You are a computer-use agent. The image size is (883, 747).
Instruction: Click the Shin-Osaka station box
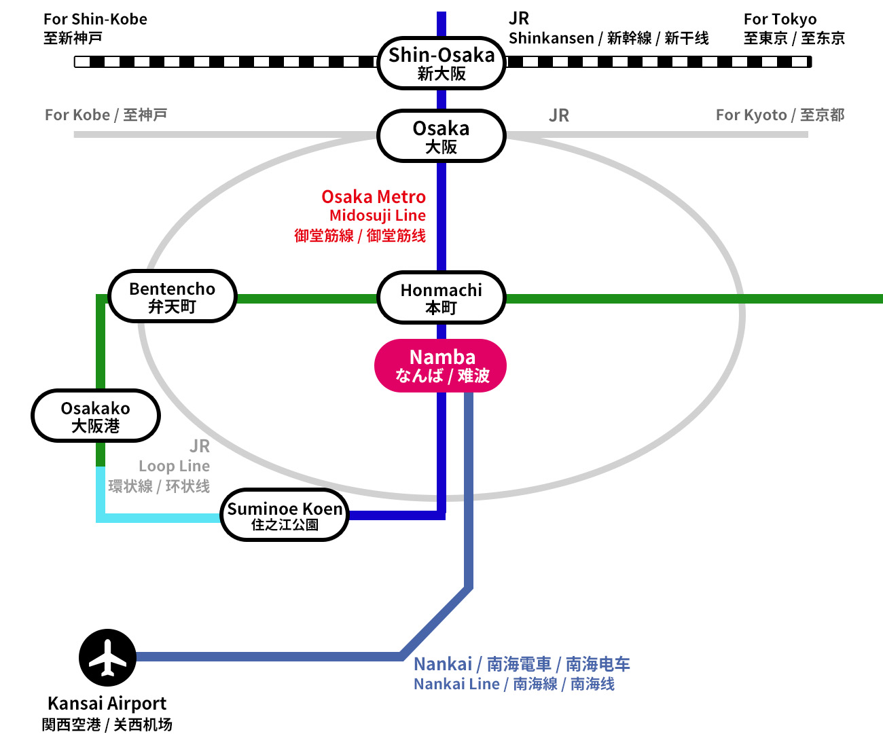(x=441, y=63)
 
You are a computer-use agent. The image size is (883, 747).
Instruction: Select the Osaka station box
(x=441, y=136)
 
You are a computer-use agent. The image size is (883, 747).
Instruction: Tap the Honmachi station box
(x=441, y=297)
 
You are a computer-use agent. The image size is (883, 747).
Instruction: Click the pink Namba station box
(x=441, y=365)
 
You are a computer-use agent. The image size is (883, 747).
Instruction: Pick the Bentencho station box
(x=173, y=297)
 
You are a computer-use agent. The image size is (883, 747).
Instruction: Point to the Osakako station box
(x=96, y=416)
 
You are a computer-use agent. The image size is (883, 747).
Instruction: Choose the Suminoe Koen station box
(x=285, y=515)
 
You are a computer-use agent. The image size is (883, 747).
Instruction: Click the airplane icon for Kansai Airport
(x=107, y=657)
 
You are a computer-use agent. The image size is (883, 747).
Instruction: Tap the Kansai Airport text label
(x=107, y=704)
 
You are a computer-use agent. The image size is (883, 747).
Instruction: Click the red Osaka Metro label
(x=374, y=197)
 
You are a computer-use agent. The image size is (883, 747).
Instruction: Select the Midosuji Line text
(x=378, y=216)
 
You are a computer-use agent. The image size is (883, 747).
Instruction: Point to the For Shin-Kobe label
(x=95, y=20)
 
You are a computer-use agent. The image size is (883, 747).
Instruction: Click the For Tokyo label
(x=780, y=20)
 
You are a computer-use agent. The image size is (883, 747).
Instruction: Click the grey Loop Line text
(x=174, y=467)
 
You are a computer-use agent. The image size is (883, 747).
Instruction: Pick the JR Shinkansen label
(x=551, y=38)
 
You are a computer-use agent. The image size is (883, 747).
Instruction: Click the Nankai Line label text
(x=456, y=685)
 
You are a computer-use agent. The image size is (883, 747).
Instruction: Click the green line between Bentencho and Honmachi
(x=306, y=298)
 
